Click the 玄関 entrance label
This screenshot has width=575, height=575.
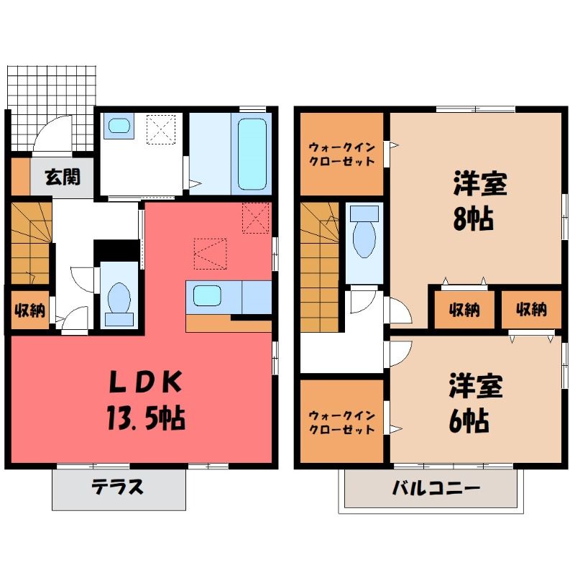(63, 177)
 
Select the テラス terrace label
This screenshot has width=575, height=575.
(117, 487)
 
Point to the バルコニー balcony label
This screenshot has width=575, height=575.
(436, 488)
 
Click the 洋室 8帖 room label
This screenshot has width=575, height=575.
(479, 201)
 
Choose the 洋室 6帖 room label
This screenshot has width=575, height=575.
(475, 402)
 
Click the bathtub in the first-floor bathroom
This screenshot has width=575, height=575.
(252, 154)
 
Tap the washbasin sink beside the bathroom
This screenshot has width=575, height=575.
(119, 126)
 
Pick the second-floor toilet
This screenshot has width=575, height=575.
(364, 231)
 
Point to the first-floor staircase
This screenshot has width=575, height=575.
(30, 243)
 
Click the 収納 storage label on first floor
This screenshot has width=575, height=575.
(29, 310)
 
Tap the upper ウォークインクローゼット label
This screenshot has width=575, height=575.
(342, 155)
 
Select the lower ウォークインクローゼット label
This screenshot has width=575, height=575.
(342, 423)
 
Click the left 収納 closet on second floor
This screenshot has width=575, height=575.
(464, 310)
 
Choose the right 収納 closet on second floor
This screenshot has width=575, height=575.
(531, 310)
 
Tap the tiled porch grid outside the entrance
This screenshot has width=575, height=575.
(52, 108)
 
